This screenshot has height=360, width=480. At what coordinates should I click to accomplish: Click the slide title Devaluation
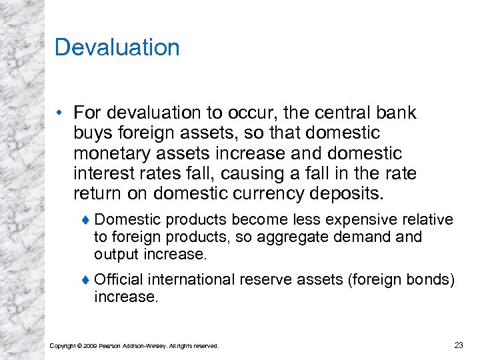(117, 47)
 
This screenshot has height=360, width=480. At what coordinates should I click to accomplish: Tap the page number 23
(458, 345)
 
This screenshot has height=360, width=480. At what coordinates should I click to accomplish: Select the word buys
(95, 133)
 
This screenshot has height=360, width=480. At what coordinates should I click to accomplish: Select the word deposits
(347, 193)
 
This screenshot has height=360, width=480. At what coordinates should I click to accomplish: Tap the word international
(191, 280)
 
